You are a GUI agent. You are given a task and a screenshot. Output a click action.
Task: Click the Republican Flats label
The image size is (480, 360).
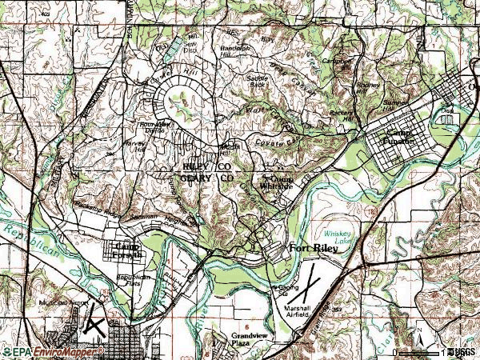(134, 280)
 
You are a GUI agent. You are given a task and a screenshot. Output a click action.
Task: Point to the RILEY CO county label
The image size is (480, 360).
(206, 166)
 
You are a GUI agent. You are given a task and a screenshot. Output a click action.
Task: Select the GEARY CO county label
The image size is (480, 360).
(206, 178)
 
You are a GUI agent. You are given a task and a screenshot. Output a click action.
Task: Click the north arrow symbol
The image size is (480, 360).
(418, 331)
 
